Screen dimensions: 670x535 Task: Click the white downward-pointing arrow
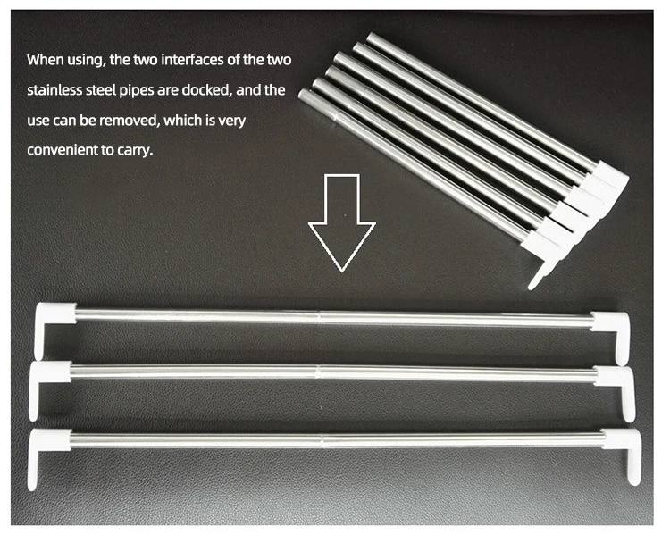tap(342, 222)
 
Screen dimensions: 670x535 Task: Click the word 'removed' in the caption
tap(129, 121)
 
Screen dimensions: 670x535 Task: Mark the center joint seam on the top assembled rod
tap(319, 317)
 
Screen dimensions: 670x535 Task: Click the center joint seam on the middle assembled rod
tap(318, 372)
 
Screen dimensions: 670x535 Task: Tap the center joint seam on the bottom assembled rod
tap(322, 441)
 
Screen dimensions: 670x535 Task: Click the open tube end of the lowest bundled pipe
tap(305, 95)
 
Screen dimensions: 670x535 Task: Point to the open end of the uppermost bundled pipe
tap(371, 38)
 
